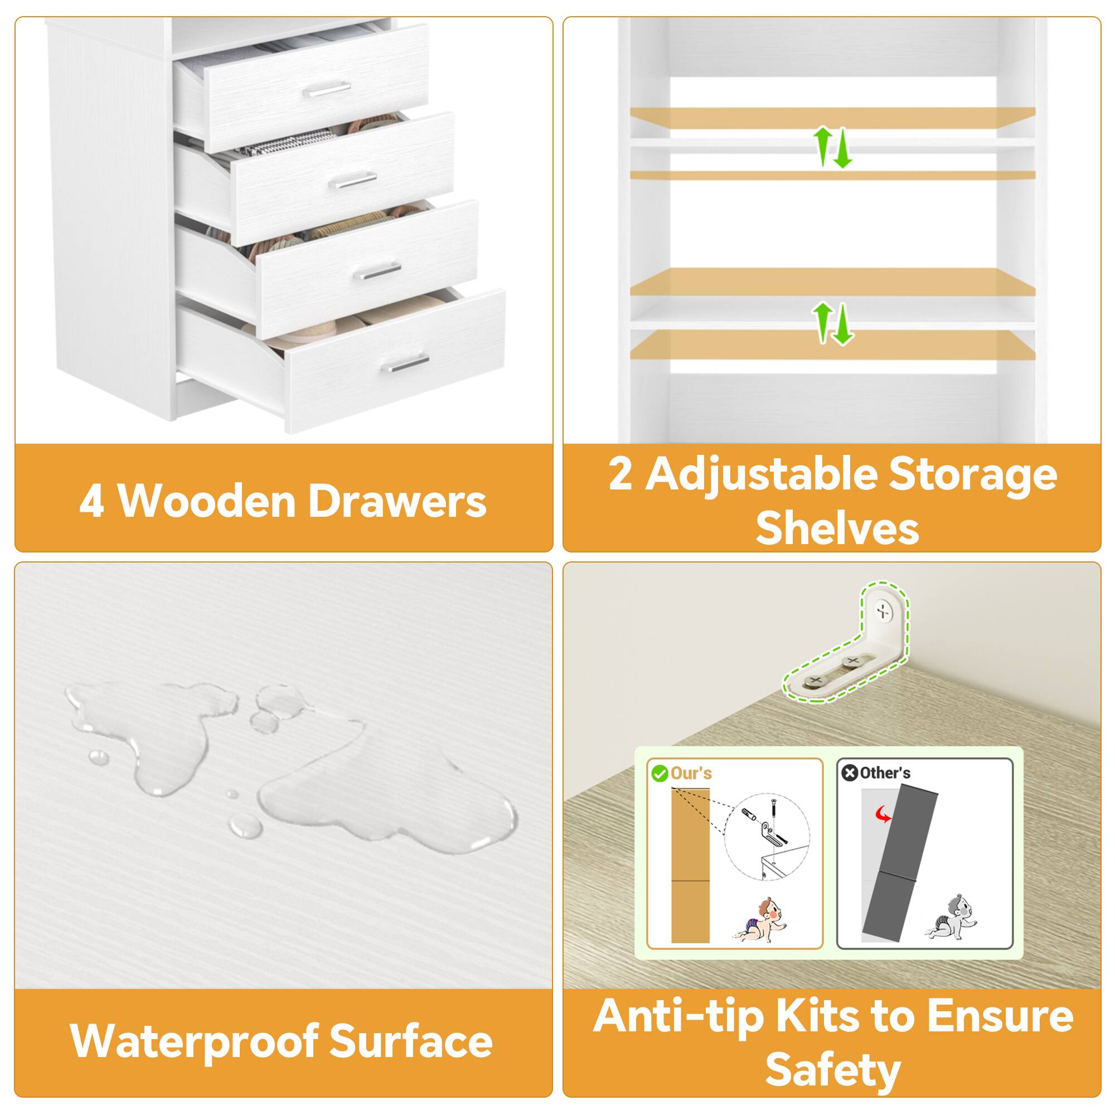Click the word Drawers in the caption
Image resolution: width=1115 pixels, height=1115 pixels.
click(x=397, y=502)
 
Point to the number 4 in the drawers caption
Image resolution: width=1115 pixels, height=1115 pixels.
click(x=91, y=502)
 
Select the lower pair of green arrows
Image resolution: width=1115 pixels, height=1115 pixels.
click(x=832, y=323)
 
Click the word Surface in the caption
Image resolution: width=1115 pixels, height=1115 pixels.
click(x=411, y=1042)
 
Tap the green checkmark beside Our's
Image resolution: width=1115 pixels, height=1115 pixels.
click(x=659, y=773)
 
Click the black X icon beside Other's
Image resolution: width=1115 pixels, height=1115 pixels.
click(x=850, y=773)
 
